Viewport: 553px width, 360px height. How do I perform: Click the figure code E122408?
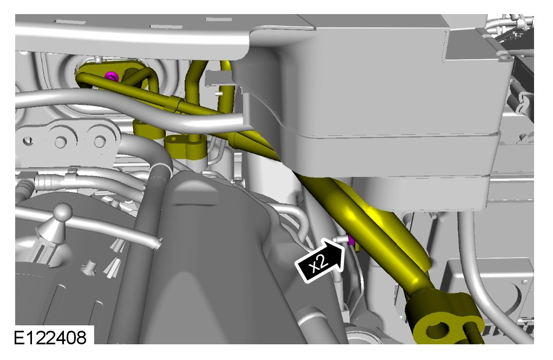[x=50, y=337]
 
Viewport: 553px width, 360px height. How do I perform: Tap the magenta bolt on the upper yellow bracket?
[x=113, y=75]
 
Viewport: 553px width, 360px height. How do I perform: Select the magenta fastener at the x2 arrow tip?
[x=351, y=240]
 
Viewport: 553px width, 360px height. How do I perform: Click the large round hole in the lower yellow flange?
[x=438, y=330]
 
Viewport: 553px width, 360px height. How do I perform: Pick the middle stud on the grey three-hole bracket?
[x=61, y=142]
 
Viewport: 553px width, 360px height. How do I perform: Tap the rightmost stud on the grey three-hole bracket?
[x=100, y=141]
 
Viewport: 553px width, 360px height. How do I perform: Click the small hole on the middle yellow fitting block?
[x=173, y=140]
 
